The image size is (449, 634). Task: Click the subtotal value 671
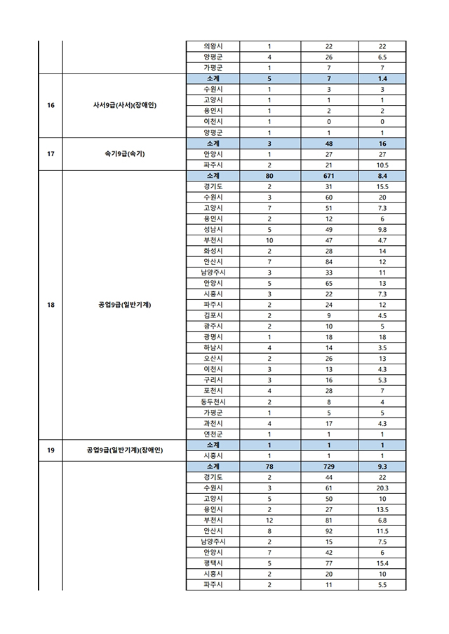pyautogui.click(x=329, y=176)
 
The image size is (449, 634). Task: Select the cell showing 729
pyautogui.click(x=329, y=466)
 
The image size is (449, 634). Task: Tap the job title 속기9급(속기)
pyautogui.click(x=124, y=154)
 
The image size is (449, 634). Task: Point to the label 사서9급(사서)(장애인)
pyautogui.click(x=124, y=106)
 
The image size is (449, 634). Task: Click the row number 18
pyautogui.click(x=51, y=305)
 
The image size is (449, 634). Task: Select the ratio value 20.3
pyautogui.click(x=382, y=488)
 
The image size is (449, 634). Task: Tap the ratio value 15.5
pyautogui.click(x=382, y=186)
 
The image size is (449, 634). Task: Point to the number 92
pyautogui.click(x=329, y=530)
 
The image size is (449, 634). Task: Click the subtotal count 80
pyautogui.click(x=269, y=176)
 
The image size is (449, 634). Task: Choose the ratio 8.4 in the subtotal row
pyautogui.click(x=382, y=176)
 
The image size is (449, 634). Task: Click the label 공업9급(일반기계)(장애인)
pyautogui.click(x=124, y=450)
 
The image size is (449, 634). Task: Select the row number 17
pyautogui.click(x=51, y=154)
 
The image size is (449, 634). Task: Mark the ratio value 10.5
pyautogui.click(x=382, y=165)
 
